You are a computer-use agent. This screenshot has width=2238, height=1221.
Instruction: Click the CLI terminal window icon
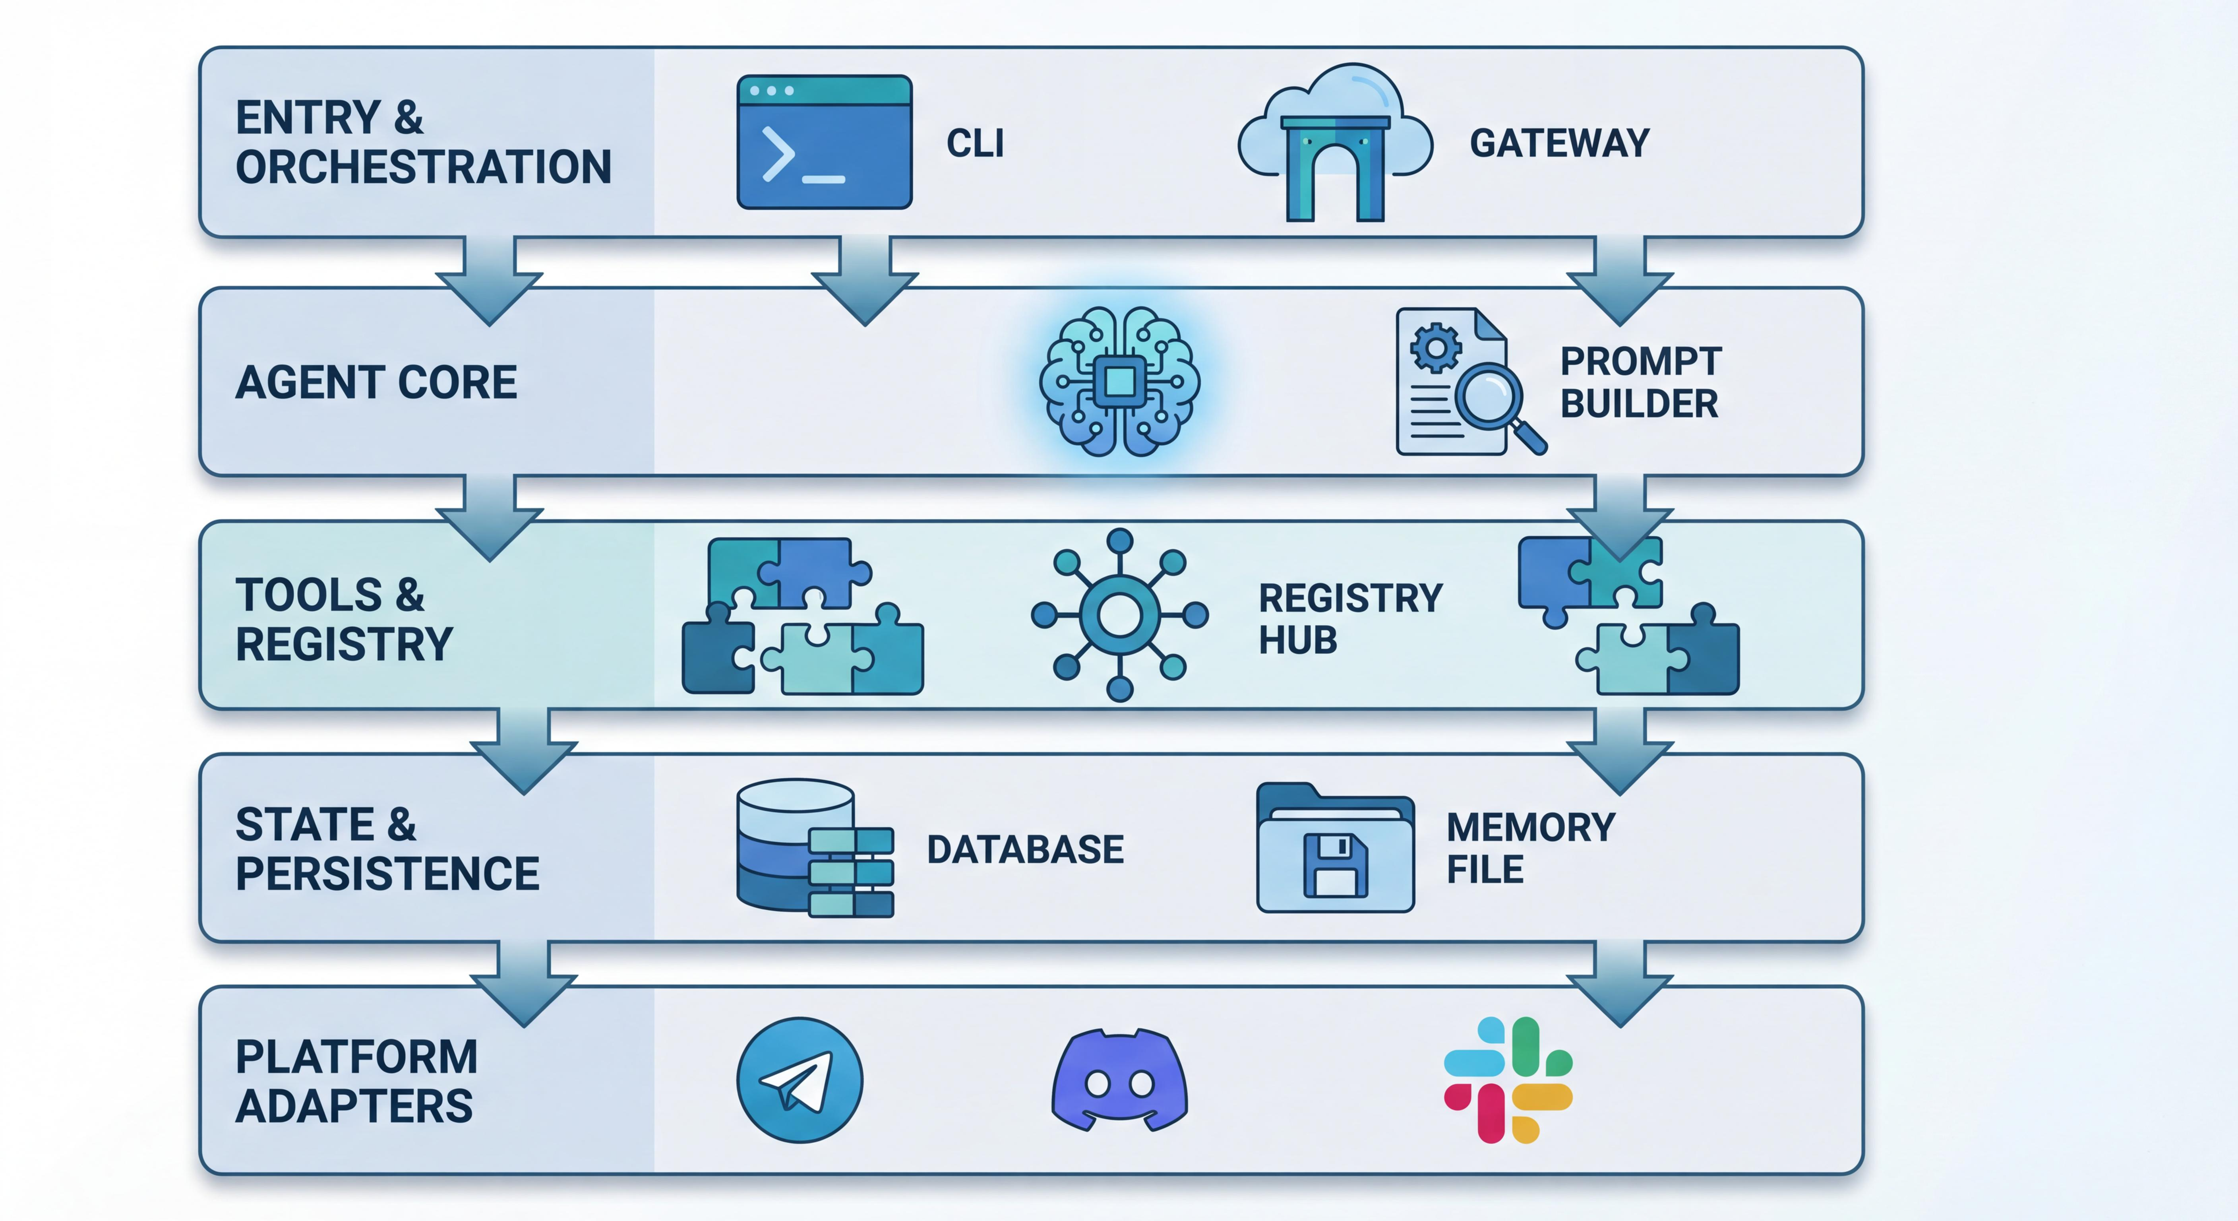click(x=824, y=141)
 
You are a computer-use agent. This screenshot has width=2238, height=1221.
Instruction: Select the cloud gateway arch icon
click(x=1334, y=143)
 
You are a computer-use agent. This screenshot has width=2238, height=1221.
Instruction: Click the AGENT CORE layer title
click(x=376, y=382)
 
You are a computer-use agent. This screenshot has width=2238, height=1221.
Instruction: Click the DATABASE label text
click(x=1025, y=849)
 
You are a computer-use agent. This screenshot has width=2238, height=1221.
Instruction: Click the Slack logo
click(x=1508, y=1080)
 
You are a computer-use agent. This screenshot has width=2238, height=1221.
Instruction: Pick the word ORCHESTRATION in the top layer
click(x=424, y=167)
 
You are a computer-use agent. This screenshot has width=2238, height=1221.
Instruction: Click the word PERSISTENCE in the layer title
click(x=387, y=873)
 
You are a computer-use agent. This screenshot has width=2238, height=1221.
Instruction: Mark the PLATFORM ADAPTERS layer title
click(x=356, y=1081)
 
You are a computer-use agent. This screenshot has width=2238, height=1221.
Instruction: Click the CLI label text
click(x=975, y=143)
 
